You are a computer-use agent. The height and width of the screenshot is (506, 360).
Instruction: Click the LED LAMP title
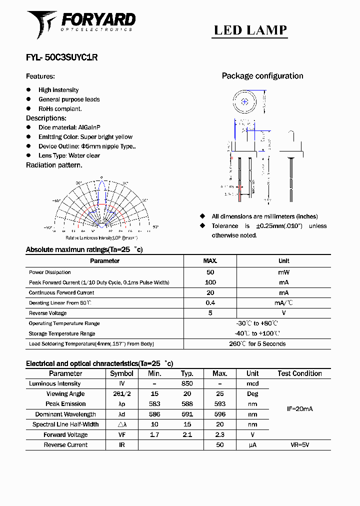point(250,30)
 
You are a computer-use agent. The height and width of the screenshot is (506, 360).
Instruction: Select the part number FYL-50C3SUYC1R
point(61,57)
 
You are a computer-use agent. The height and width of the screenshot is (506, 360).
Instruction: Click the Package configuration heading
point(262,76)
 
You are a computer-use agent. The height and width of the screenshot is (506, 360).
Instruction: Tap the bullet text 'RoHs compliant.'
point(60,108)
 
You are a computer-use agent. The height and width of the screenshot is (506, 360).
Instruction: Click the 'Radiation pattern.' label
point(54,165)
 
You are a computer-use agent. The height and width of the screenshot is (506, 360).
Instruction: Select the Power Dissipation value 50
point(210,272)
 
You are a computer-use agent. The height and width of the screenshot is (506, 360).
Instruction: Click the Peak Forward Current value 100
point(210,282)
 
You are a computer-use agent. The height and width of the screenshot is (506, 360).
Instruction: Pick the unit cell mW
point(283,272)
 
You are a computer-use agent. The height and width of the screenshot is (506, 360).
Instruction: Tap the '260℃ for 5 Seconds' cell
point(257,344)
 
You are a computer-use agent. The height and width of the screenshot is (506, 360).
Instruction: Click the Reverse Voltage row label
point(47,313)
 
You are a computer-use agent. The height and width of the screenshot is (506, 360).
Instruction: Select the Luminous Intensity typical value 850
point(187,383)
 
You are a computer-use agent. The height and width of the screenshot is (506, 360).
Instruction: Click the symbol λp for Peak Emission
point(121,404)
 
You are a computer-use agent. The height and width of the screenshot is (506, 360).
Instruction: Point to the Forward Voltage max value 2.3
point(219,435)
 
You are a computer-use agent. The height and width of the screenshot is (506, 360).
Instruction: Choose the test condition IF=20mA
point(299,409)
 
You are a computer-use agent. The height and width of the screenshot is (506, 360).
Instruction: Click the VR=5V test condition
point(299,445)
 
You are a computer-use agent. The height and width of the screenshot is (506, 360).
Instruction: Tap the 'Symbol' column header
point(121,373)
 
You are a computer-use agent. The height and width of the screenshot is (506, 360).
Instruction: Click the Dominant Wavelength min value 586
point(154,414)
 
